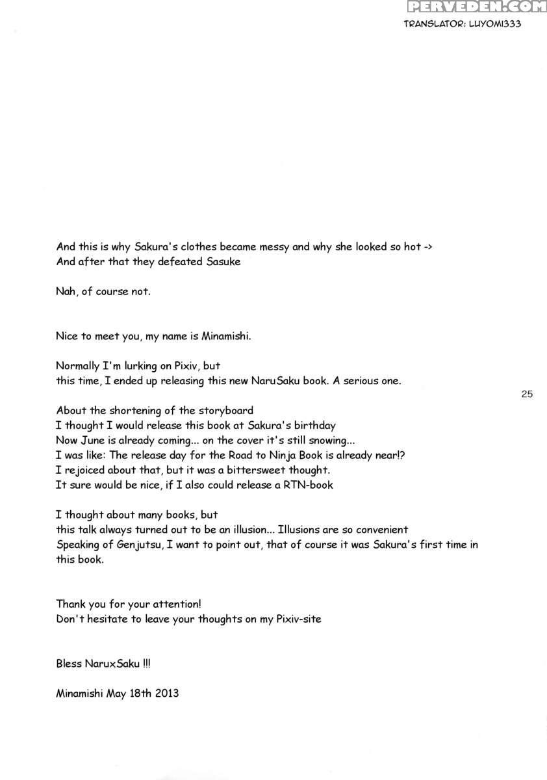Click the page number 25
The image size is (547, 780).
[x=527, y=393]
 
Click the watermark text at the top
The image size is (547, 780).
[x=475, y=7]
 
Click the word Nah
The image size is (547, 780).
[x=66, y=291]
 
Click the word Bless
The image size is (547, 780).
[x=69, y=664]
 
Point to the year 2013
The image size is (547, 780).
[x=166, y=693]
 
